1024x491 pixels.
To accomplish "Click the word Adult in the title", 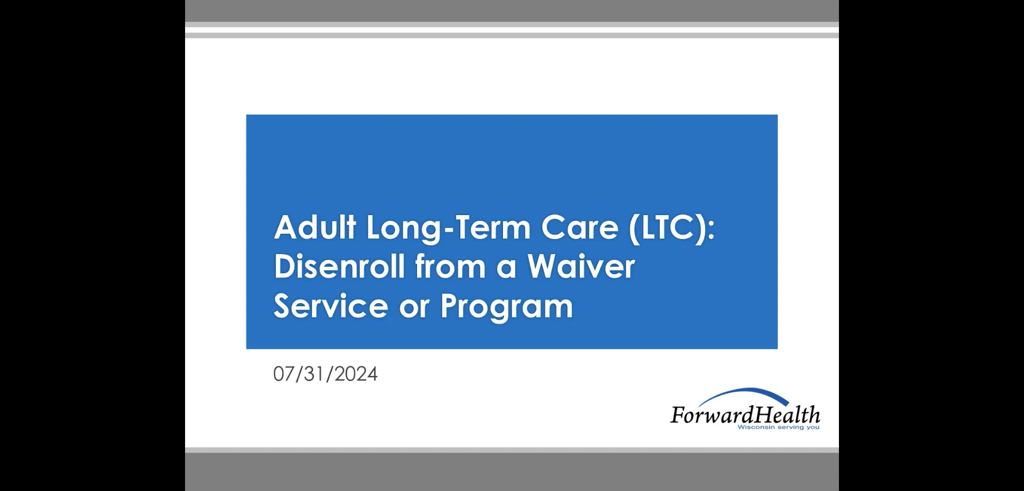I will pos(315,227).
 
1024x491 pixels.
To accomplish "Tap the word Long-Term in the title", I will pos(448,228).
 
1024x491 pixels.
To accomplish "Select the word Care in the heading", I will pos(579,227).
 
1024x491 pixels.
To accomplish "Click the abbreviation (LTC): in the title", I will pos(671,228).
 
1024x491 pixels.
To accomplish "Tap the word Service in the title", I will pos(331,306).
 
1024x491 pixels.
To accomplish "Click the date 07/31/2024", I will pos(325,374).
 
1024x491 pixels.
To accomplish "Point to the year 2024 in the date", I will pos(356,374).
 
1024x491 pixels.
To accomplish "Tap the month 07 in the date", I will pos(283,374).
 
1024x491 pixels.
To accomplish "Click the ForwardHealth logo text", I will pos(745,415).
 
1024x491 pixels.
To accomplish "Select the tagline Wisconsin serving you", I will pos(778,427).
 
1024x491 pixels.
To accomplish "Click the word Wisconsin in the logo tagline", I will pos(755,427).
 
